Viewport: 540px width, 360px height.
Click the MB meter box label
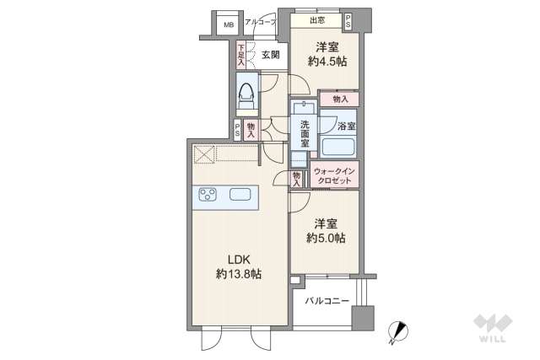(x=229, y=24)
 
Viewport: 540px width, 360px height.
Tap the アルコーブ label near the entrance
(x=261, y=23)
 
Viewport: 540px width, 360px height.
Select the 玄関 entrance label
(x=271, y=55)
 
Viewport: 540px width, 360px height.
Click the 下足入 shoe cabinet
(x=241, y=55)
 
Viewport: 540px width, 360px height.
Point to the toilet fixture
(x=247, y=95)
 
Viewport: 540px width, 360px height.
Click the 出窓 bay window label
(x=317, y=20)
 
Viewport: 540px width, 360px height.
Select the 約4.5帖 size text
(x=327, y=62)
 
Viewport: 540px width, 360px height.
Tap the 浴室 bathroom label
(x=347, y=126)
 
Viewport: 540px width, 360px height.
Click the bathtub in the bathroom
(x=337, y=147)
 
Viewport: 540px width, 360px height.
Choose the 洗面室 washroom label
(x=304, y=134)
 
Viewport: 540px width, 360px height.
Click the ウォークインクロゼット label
(x=334, y=175)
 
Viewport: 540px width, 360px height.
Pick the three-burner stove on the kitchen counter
(x=208, y=195)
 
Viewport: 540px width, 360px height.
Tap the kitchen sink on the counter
(x=240, y=195)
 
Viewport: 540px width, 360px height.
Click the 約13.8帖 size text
(x=238, y=274)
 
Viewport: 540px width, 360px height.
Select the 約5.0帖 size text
(x=326, y=238)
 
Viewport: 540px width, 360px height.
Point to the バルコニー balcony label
(x=327, y=301)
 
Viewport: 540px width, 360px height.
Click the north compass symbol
(x=397, y=332)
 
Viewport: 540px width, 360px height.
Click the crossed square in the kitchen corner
(x=204, y=154)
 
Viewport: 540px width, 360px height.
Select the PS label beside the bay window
(x=348, y=21)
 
